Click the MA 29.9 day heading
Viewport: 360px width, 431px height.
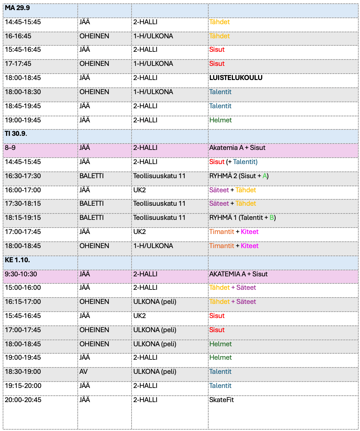(x=17, y=8)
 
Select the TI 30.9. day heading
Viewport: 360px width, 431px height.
(x=16, y=133)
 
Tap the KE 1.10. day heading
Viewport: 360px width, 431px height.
(x=17, y=260)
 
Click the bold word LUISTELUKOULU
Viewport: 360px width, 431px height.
(x=236, y=78)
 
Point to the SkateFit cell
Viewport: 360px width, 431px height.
(x=221, y=400)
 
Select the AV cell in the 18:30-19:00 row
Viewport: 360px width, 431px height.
(x=83, y=371)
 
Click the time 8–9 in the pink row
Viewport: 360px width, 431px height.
(x=10, y=148)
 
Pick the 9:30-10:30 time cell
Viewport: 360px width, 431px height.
(x=21, y=274)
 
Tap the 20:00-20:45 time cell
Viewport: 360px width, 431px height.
(x=23, y=400)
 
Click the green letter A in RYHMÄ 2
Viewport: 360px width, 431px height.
(x=264, y=176)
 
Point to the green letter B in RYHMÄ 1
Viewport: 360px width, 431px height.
(x=272, y=218)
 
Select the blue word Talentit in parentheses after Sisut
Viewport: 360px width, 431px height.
(x=245, y=162)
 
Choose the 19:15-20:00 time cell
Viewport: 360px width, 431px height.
(x=23, y=386)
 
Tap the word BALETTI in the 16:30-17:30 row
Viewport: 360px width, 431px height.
(x=92, y=176)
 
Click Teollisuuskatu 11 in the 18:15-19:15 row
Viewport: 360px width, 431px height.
(x=159, y=218)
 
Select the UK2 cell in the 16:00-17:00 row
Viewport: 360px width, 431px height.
(x=139, y=190)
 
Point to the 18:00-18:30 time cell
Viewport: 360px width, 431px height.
(x=23, y=92)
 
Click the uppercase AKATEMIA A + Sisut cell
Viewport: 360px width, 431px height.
(x=238, y=274)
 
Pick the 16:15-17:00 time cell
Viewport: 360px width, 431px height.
(x=23, y=302)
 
